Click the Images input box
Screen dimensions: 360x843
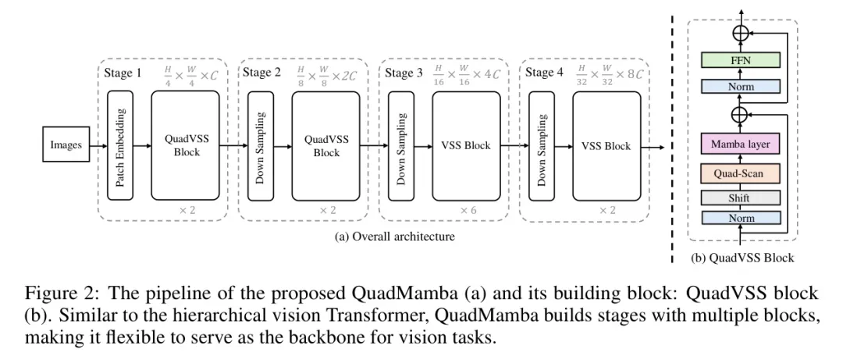[66, 144]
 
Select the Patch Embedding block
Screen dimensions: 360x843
[120, 145]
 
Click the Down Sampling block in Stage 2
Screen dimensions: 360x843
[261, 145]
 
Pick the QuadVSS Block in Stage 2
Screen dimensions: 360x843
[326, 145]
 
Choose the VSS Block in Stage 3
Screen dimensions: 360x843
[467, 145]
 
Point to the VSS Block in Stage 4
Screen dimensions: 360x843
[606, 145]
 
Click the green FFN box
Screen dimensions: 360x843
[741, 60]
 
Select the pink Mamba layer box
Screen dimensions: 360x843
[741, 144]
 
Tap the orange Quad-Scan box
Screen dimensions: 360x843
[741, 172]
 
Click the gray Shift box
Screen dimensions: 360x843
[741, 197]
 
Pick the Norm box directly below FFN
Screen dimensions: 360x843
[741, 86]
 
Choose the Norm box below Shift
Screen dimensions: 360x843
[741, 218]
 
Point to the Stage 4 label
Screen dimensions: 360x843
[544, 73]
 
